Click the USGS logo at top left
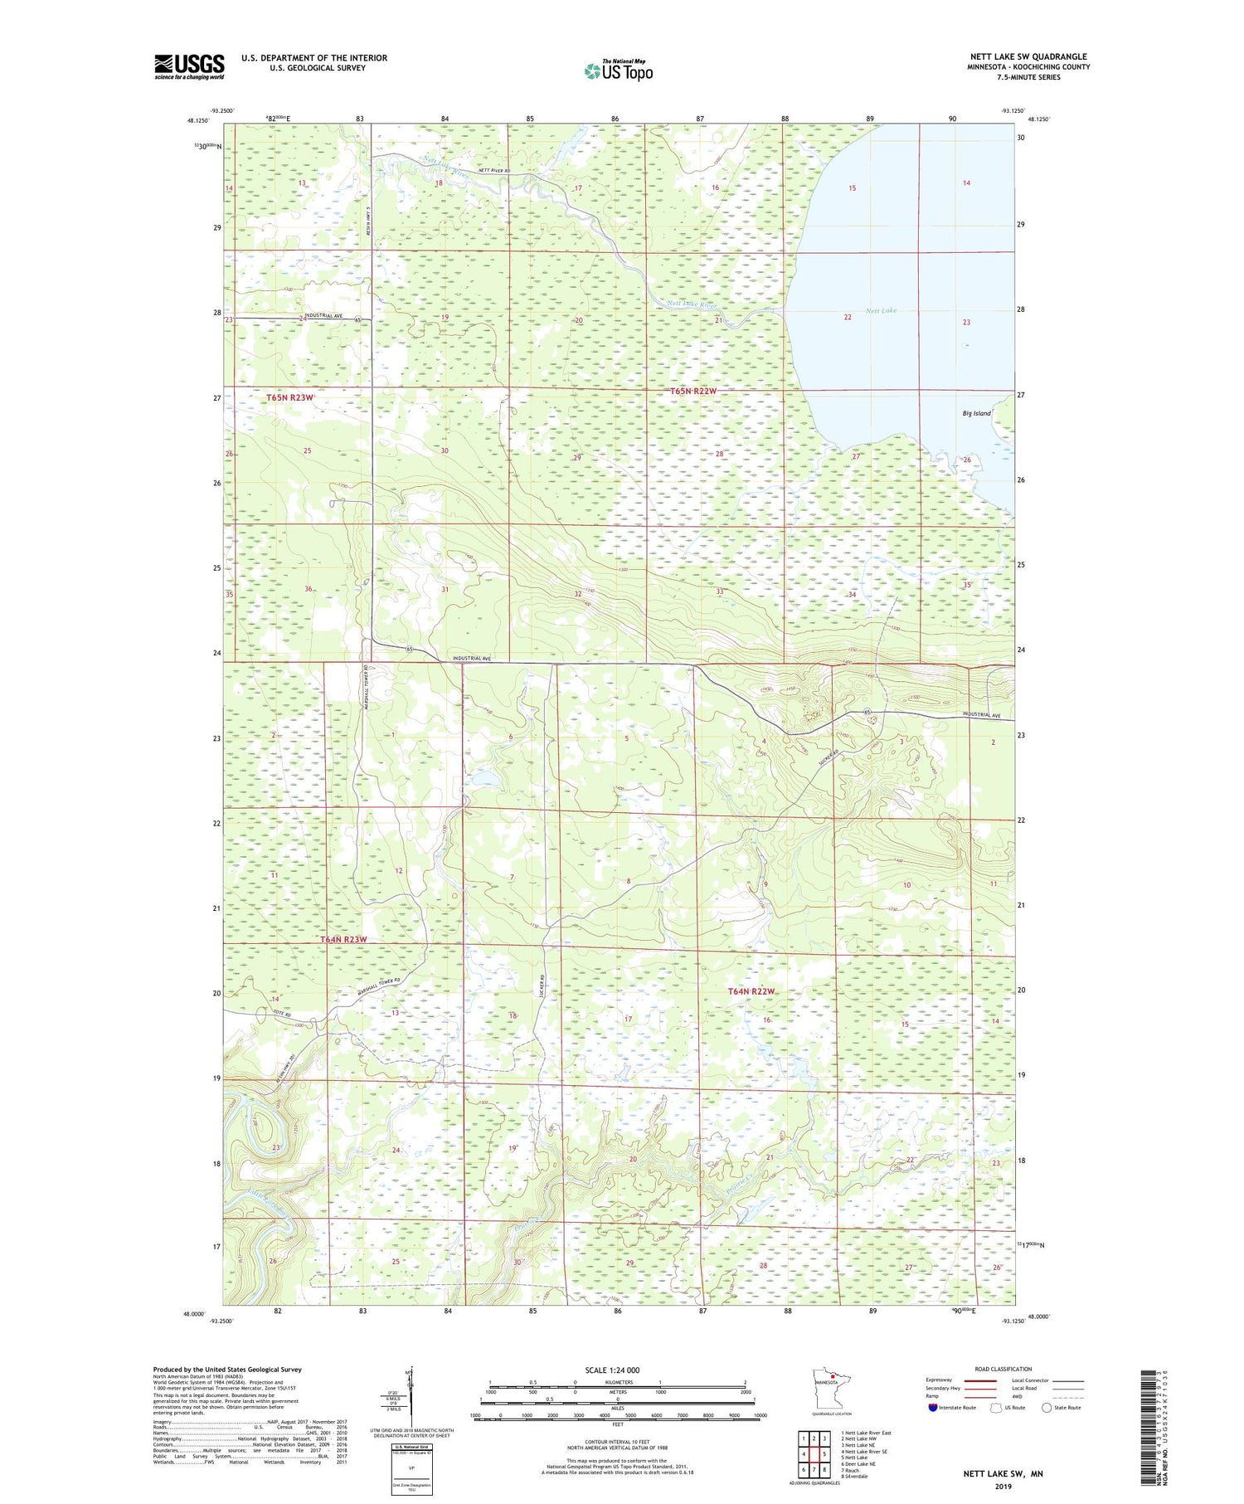point(189,66)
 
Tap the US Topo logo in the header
point(618,71)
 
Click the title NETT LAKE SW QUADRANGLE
point(1028,57)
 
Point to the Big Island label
point(976,413)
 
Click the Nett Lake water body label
point(881,311)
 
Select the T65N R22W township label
point(692,391)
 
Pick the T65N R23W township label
point(290,398)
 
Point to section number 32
point(578,594)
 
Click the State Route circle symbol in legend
point(1047,1407)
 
